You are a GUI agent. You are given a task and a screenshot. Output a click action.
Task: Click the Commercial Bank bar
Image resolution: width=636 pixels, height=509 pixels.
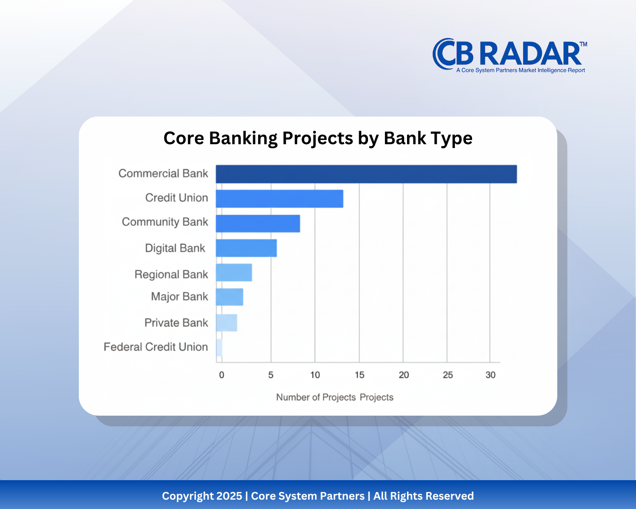click(366, 174)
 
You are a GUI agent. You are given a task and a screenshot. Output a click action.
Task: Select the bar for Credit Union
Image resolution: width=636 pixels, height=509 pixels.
click(279, 199)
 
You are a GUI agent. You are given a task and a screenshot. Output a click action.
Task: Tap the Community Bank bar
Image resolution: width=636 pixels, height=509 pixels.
click(258, 224)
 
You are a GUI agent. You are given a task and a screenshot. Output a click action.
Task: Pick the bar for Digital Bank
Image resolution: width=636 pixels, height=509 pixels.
click(246, 248)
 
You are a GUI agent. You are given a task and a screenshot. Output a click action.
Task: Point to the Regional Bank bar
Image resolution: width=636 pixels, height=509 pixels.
click(234, 272)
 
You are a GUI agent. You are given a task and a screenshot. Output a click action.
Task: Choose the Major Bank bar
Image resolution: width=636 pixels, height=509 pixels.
click(229, 297)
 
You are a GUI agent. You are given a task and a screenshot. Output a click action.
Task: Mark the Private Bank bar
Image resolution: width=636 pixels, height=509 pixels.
click(226, 323)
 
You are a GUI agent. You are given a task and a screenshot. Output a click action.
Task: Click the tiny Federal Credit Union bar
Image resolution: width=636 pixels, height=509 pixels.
click(219, 347)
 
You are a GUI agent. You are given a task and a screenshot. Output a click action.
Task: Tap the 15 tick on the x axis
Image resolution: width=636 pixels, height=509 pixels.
click(359, 375)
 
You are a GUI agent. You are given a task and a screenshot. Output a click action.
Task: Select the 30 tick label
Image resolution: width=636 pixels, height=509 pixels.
click(490, 375)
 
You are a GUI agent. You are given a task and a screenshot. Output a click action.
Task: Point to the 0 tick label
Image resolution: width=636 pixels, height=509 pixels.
click(221, 375)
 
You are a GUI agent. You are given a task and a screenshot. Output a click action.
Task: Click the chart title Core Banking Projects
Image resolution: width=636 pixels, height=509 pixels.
click(318, 138)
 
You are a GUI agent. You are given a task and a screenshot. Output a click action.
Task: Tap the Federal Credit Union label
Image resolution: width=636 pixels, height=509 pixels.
click(156, 347)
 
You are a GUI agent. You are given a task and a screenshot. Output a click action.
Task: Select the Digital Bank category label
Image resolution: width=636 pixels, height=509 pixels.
click(175, 248)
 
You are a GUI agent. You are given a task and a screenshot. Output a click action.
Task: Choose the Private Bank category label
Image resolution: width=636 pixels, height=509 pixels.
click(176, 323)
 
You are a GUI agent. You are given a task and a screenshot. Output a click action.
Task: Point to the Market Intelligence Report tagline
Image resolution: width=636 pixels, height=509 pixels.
click(520, 70)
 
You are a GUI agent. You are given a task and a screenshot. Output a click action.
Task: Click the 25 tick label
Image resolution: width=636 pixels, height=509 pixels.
click(448, 375)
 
